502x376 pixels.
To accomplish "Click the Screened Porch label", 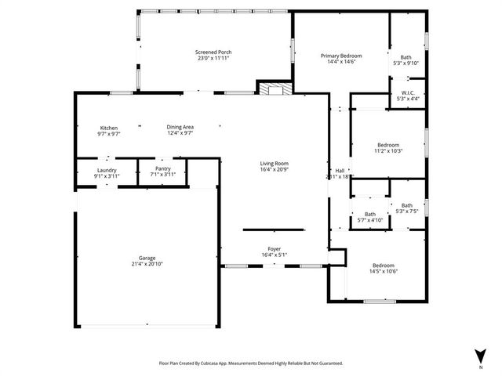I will pyautogui.click(x=213, y=52).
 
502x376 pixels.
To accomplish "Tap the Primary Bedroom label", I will pyautogui.click(x=341, y=56).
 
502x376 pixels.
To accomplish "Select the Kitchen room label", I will pyautogui.click(x=108, y=128).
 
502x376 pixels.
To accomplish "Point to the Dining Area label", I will pyautogui.click(x=180, y=127).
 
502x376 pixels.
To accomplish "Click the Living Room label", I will pyautogui.click(x=275, y=164).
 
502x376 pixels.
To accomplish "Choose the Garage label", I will pyautogui.click(x=147, y=258).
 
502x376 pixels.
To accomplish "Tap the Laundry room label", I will pyautogui.click(x=107, y=169).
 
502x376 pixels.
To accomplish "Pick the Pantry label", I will pyautogui.click(x=163, y=168).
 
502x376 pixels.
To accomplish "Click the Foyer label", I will pyautogui.click(x=275, y=249).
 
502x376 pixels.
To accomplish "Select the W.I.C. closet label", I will pyautogui.click(x=409, y=92).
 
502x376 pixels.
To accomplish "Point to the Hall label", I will pyautogui.click(x=340, y=171).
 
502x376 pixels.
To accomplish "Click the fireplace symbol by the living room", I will pyautogui.click(x=274, y=89).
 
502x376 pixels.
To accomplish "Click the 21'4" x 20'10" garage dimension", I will pyautogui.click(x=147, y=264).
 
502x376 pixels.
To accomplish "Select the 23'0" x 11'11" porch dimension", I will pyautogui.click(x=213, y=58).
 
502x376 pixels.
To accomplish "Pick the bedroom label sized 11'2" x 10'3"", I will pyautogui.click(x=388, y=145).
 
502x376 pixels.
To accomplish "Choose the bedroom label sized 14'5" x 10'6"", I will pyautogui.click(x=384, y=266).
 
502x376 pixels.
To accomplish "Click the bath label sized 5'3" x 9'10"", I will pyautogui.click(x=406, y=57).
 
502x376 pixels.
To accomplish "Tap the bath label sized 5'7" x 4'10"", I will pyautogui.click(x=369, y=214).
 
